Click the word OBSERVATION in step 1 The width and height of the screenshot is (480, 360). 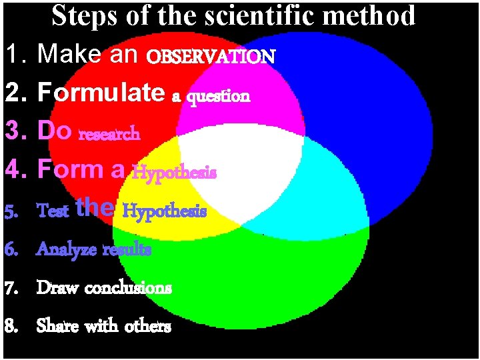[x=211, y=57]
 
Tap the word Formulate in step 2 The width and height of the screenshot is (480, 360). [x=100, y=93]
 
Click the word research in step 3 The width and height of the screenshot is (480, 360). [x=109, y=134]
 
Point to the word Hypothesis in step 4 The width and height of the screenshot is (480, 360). [x=174, y=173]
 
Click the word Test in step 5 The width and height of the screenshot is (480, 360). [x=53, y=211]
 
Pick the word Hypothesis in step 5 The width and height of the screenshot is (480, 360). [x=165, y=211]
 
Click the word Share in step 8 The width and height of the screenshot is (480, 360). [x=57, y=326]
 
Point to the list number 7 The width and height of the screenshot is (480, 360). [x=12, y=288]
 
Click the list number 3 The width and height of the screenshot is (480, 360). [x=14, y=131]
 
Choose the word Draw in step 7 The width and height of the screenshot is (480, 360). [x=56, y=288]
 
